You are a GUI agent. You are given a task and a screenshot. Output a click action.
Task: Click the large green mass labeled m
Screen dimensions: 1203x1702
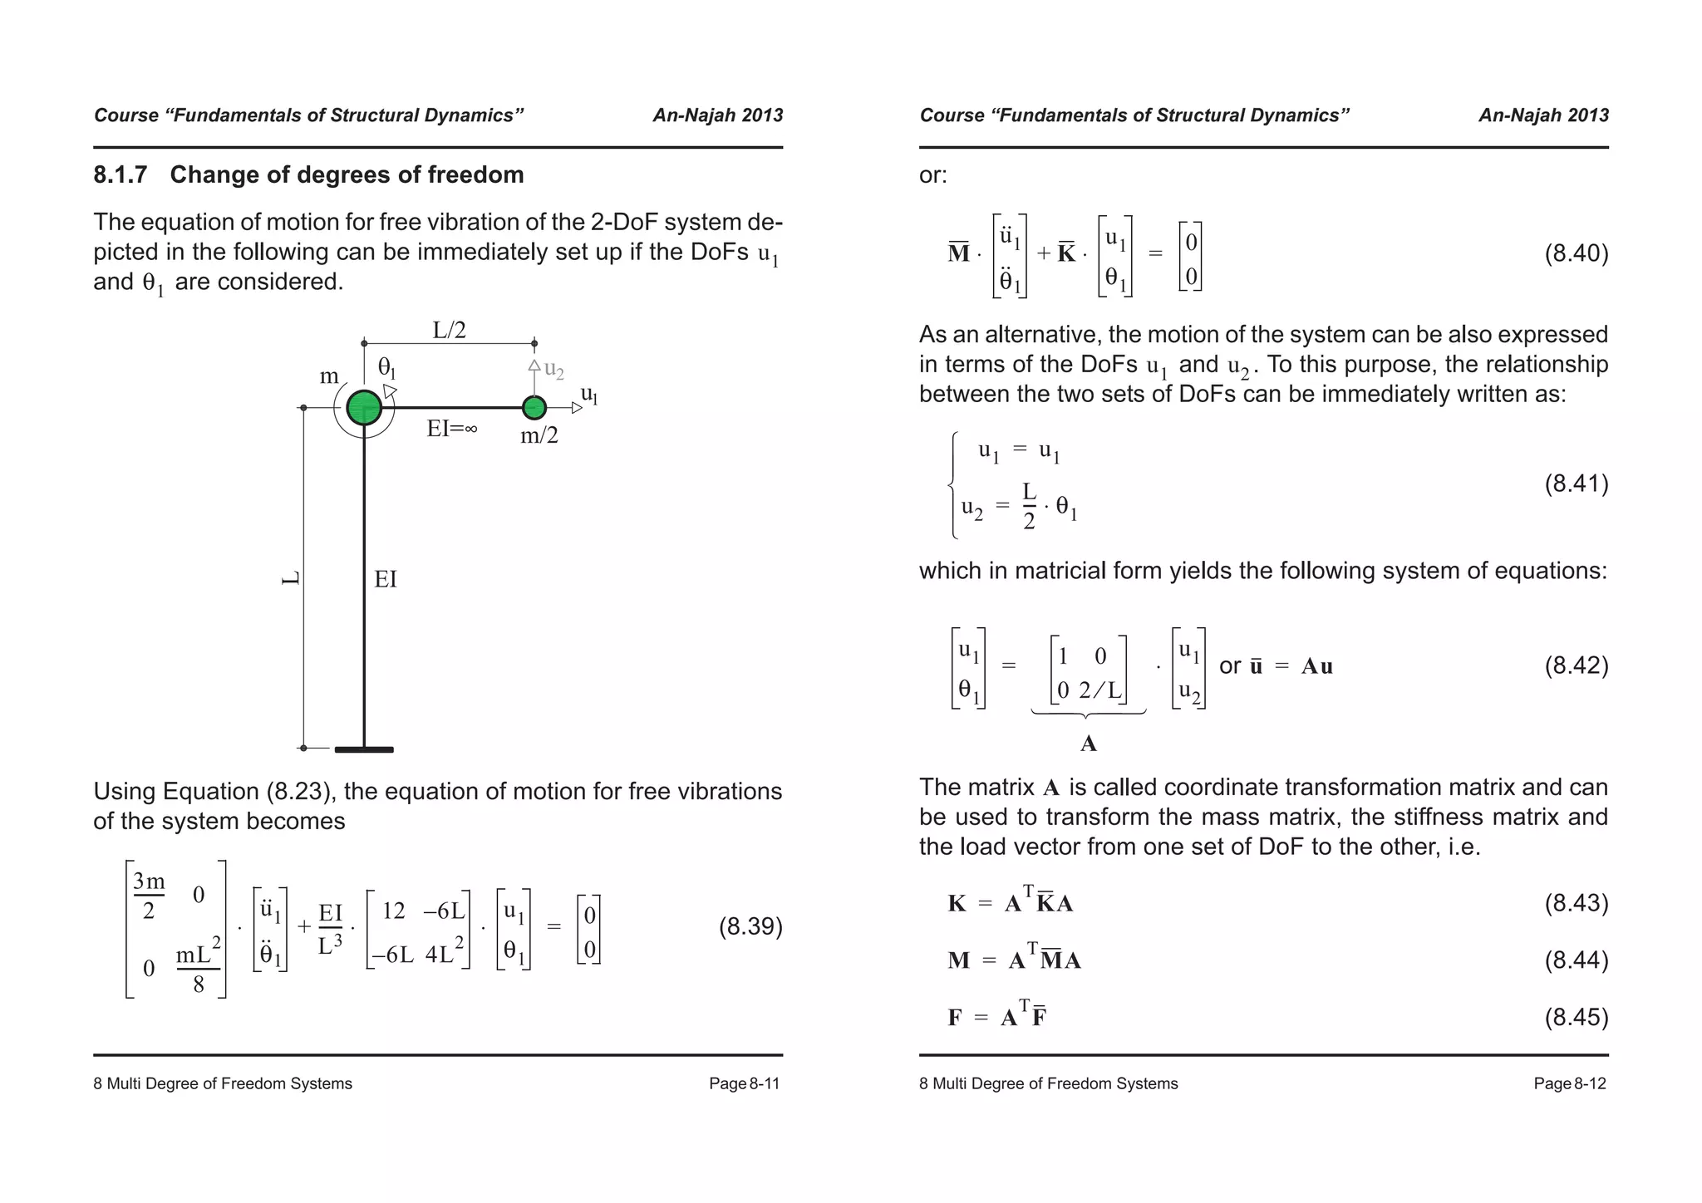(x=364, y=408)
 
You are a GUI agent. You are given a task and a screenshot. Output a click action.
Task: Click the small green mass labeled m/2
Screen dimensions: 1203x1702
(x=534, y=408)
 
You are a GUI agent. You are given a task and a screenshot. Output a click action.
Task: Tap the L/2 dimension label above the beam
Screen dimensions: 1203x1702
(x=449, y=330)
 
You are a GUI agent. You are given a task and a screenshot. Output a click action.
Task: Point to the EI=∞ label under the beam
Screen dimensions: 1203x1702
(x=451, y=430)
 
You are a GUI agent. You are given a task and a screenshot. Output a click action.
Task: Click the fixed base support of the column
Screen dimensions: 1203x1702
(x=364, y=749)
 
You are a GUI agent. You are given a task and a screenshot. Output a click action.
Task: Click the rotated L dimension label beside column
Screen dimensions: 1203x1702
(x=291, y=578)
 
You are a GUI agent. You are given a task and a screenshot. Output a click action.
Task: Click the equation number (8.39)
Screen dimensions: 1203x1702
(x=750, y=927)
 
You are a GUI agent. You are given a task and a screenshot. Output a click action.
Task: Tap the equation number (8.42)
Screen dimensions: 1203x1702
(x=1576, y=665)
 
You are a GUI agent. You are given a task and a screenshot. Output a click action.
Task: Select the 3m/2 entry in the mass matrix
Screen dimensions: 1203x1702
(x=149, y=895)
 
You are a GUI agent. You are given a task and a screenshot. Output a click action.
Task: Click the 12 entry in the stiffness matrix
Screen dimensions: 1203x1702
(x=393, y=911)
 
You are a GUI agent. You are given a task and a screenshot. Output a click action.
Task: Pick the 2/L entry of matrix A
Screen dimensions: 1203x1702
(x=1100, y=690)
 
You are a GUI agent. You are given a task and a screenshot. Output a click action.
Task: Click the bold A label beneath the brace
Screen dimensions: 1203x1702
(x=1088, y=744)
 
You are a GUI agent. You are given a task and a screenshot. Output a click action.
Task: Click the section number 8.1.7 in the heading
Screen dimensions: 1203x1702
(x=121, y=175)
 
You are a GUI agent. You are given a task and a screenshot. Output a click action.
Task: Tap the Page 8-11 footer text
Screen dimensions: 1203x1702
(x=744, y=1083)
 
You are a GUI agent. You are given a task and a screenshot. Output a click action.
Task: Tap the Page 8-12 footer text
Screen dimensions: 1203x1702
(x=1569, y=1083)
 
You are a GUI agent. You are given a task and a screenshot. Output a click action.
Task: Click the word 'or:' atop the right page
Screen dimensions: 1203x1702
(x=932, y=175)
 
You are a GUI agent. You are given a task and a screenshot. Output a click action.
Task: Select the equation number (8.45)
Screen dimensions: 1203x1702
(x=1576, y=1017)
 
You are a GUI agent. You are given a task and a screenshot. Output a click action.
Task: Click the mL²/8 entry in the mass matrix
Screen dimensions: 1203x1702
(x=198, y=968)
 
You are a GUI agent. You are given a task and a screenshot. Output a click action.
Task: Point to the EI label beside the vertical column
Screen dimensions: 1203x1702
(x=386, y=579)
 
